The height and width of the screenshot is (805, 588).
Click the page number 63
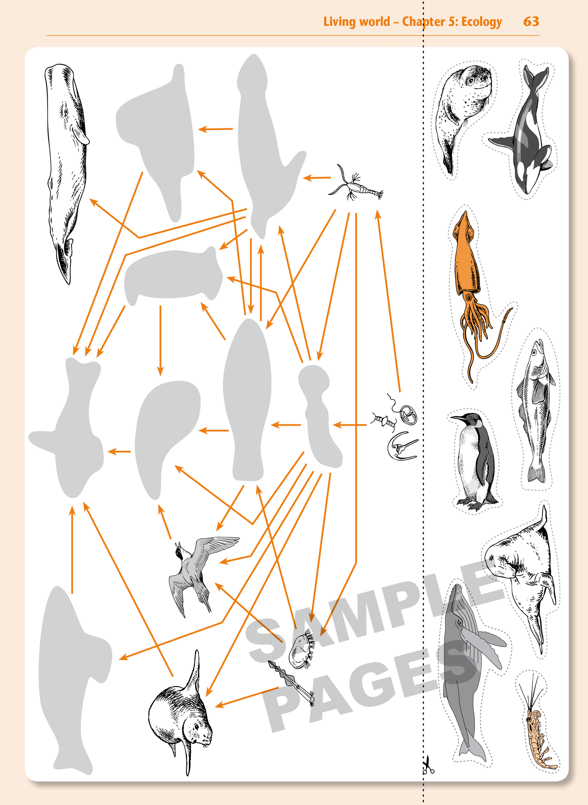531,21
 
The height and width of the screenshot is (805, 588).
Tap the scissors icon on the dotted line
427,765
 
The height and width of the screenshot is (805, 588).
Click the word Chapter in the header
423,22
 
